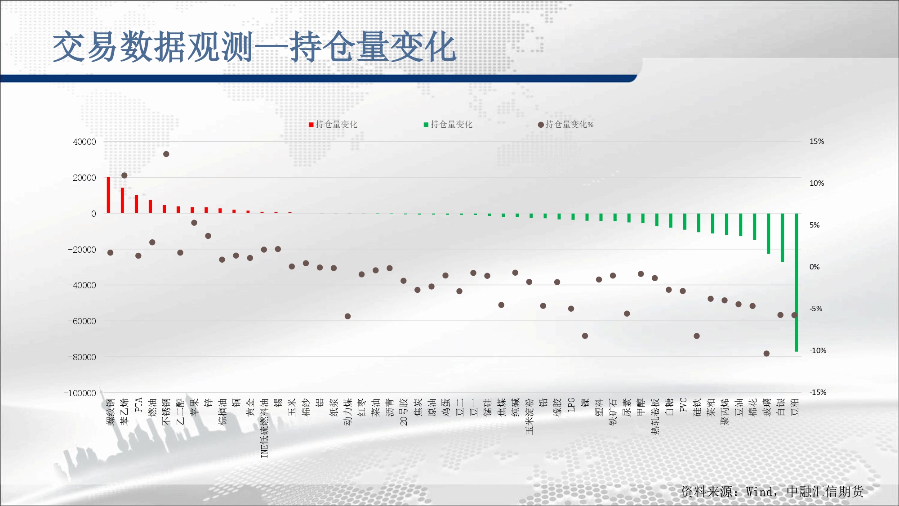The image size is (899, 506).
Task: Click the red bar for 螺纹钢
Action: (108, 195)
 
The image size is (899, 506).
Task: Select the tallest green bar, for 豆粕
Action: (797, 282)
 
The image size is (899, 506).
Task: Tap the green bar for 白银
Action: (783, 237)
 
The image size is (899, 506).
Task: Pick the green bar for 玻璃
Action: (769, 233)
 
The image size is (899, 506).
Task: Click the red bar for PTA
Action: (136, 204)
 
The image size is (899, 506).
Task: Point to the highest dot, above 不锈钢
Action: (166, 154)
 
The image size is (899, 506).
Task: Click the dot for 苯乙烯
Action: (125, 175)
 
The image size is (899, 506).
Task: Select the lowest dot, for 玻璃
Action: (766, 354)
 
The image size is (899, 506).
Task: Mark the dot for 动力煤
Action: (347, 316)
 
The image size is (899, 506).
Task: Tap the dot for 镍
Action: (585, 336)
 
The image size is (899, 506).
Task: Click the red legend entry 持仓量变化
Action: (333, 125)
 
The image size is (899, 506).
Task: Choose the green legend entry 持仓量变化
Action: (448, 125)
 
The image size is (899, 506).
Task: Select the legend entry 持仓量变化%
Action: (566, 125)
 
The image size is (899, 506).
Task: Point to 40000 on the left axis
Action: (85, 142)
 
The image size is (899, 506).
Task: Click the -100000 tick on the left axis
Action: (80, 393)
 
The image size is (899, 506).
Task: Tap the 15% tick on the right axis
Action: (817, 141)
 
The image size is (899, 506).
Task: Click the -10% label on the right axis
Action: (818, 350)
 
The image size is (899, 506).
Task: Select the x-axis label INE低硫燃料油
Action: (264, 428)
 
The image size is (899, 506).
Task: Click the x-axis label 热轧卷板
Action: (655, 416)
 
